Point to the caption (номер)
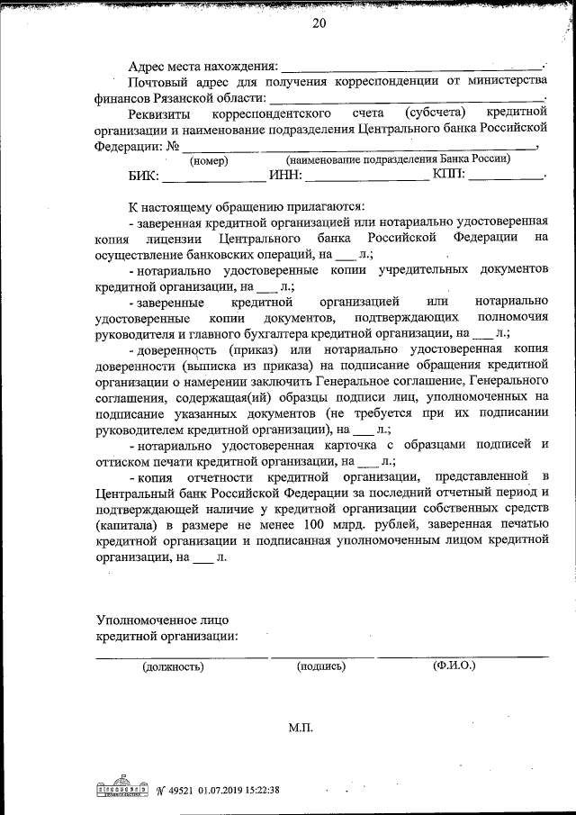209,160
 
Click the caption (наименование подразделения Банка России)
399,159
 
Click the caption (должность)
173,667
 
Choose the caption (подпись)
320,667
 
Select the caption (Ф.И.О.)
454,666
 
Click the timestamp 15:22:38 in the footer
256,790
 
